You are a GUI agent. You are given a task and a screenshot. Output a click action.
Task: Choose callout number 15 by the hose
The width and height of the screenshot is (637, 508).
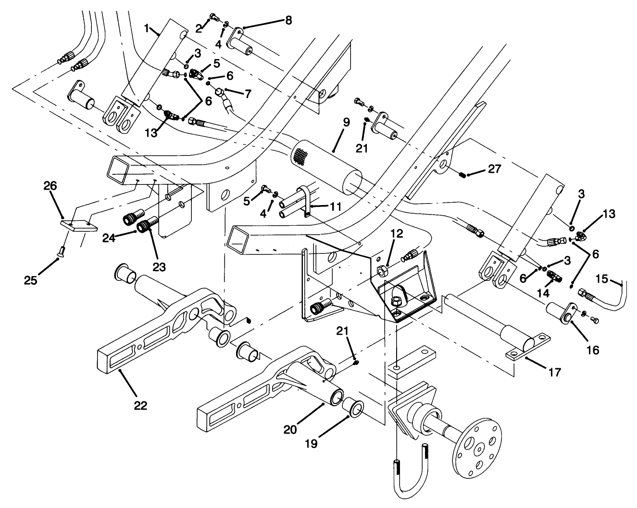tap(601, 278)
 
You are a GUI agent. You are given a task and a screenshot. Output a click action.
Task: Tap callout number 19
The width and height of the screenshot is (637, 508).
tap(311, 444)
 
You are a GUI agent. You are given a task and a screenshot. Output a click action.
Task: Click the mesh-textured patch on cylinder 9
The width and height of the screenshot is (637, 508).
tap(300, 156)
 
